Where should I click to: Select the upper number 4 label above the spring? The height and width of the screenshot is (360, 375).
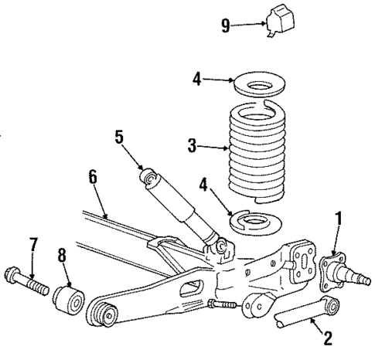[x=198, y=79]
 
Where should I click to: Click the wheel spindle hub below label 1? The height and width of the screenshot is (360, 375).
[x=343, y=270]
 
